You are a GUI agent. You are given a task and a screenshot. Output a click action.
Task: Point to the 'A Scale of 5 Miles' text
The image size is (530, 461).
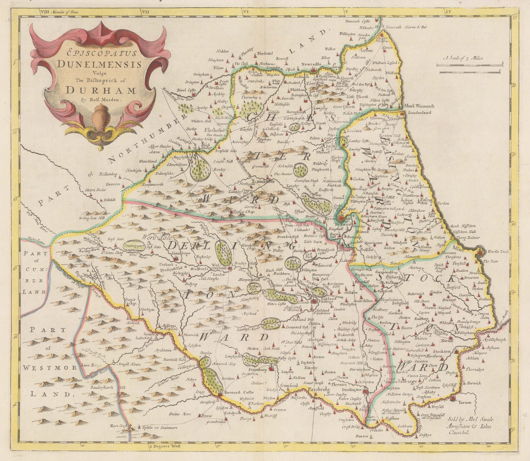[x=464, y=58]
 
